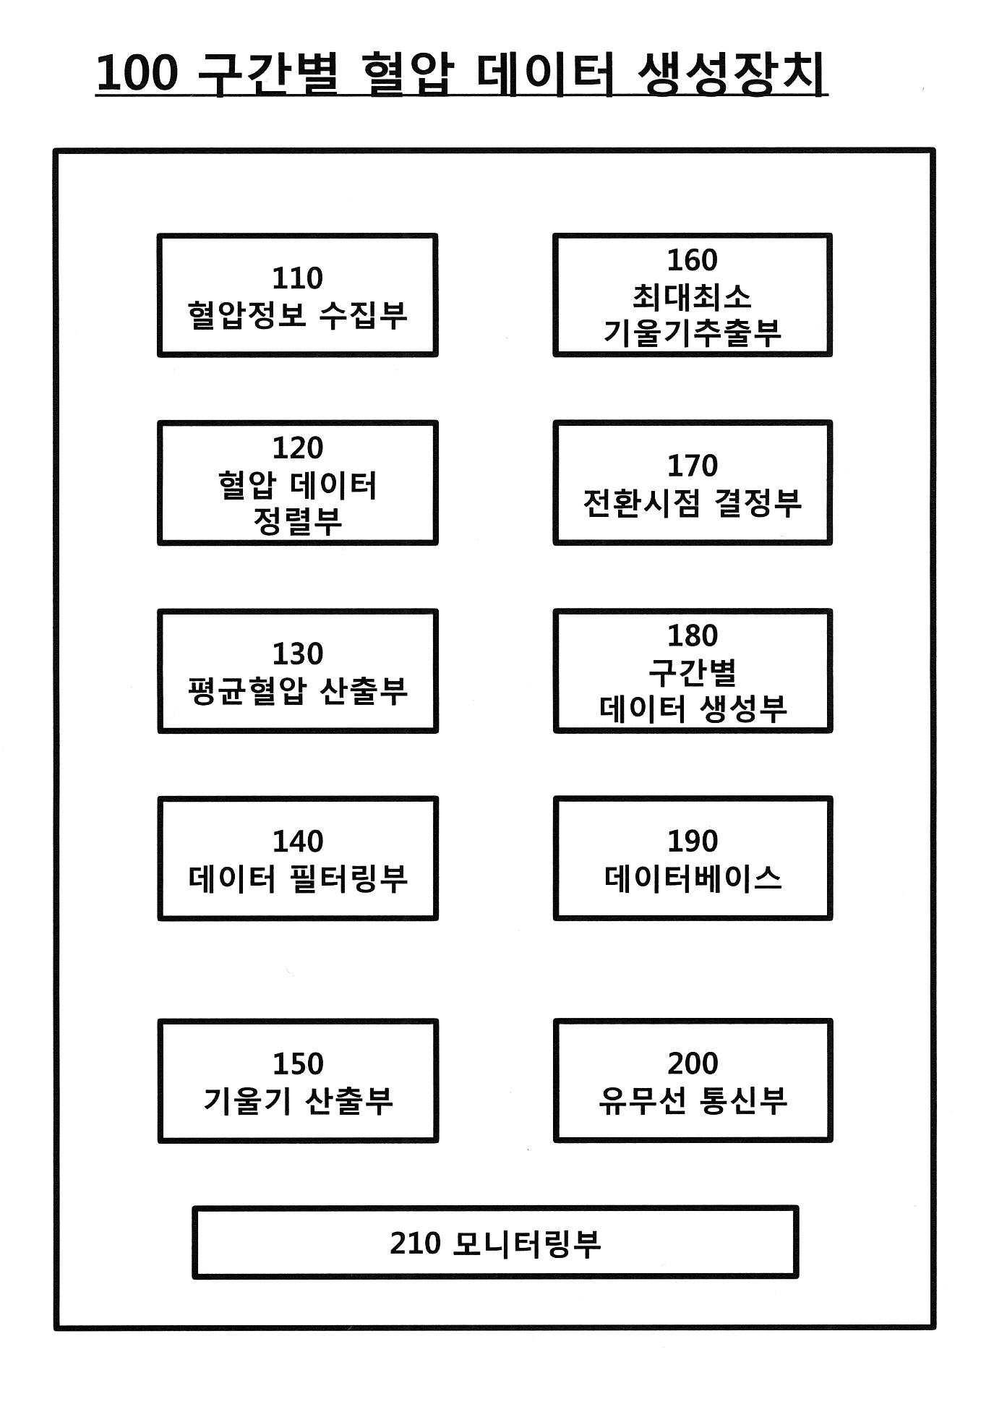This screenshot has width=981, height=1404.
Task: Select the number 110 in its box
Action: point(297,278)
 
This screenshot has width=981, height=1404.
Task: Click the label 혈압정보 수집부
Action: point(297,315)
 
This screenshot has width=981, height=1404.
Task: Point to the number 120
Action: point(297,448)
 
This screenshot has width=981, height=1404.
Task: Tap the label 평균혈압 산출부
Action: point(297,691)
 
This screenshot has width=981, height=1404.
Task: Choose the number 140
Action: point(297,842)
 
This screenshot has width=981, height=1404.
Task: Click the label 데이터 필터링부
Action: point(297,879)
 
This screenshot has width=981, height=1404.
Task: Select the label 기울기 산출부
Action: point(297,1101)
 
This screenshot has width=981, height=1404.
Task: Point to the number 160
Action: point(692,260)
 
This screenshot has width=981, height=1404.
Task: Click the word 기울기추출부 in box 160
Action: point(692,333)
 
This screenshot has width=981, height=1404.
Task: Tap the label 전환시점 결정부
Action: point(692,503)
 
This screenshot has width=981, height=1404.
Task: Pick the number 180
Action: point(692,635)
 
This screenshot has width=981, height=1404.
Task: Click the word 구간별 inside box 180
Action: point(692,672)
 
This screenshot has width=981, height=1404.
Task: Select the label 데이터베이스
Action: point(692,879)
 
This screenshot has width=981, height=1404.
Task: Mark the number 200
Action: point(692,1063)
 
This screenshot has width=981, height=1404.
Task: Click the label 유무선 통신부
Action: point(692,1101)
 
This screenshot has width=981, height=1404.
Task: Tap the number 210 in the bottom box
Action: point(415,1243)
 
